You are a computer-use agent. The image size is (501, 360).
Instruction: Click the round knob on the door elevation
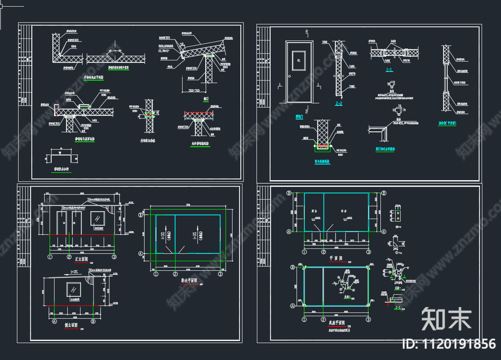(x=290, y=76)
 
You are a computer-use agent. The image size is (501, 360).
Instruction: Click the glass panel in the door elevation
(x=299, y=61)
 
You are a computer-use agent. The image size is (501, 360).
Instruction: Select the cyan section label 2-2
(x=339, y=103)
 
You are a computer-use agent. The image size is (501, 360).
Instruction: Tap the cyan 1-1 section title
(x=389, y=70)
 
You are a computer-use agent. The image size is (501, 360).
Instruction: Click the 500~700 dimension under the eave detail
(x=193, y=90)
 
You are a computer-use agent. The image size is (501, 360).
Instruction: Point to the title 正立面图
(x=82, y=260)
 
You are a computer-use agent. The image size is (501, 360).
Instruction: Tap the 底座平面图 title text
(x=337, y=323)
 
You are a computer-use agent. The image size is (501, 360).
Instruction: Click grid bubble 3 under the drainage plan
(x=221, y=274)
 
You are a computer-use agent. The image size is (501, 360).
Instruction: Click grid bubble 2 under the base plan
(x=323, y=319)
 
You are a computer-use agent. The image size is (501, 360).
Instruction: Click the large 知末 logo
(x=446, y=319)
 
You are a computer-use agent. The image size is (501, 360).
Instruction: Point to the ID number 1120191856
(x=449, y=344)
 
